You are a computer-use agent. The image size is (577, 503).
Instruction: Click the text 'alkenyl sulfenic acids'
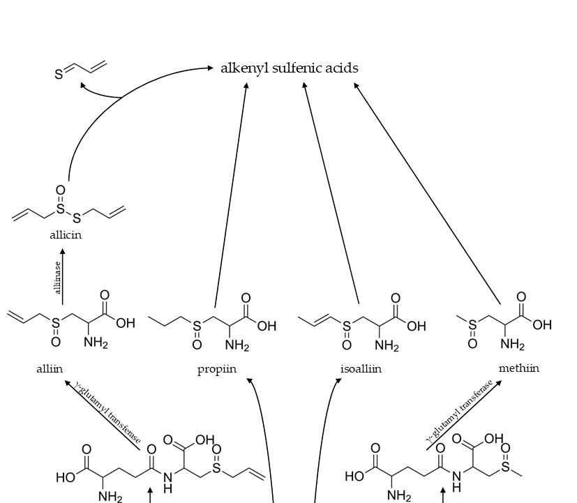point(289,68)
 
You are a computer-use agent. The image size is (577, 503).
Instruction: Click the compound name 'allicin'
point(66,235)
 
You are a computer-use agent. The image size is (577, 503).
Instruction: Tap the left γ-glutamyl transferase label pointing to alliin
point(108,412)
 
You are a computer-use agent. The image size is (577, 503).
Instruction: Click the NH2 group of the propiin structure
point(237,345)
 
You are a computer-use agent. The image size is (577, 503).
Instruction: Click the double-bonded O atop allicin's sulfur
point(61,190)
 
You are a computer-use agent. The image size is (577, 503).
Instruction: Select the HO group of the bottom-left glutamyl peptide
point(66,478)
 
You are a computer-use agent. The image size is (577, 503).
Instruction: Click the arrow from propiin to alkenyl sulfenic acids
point(231,195)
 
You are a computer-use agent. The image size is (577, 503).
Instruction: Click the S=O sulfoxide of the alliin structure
point(56,331)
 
